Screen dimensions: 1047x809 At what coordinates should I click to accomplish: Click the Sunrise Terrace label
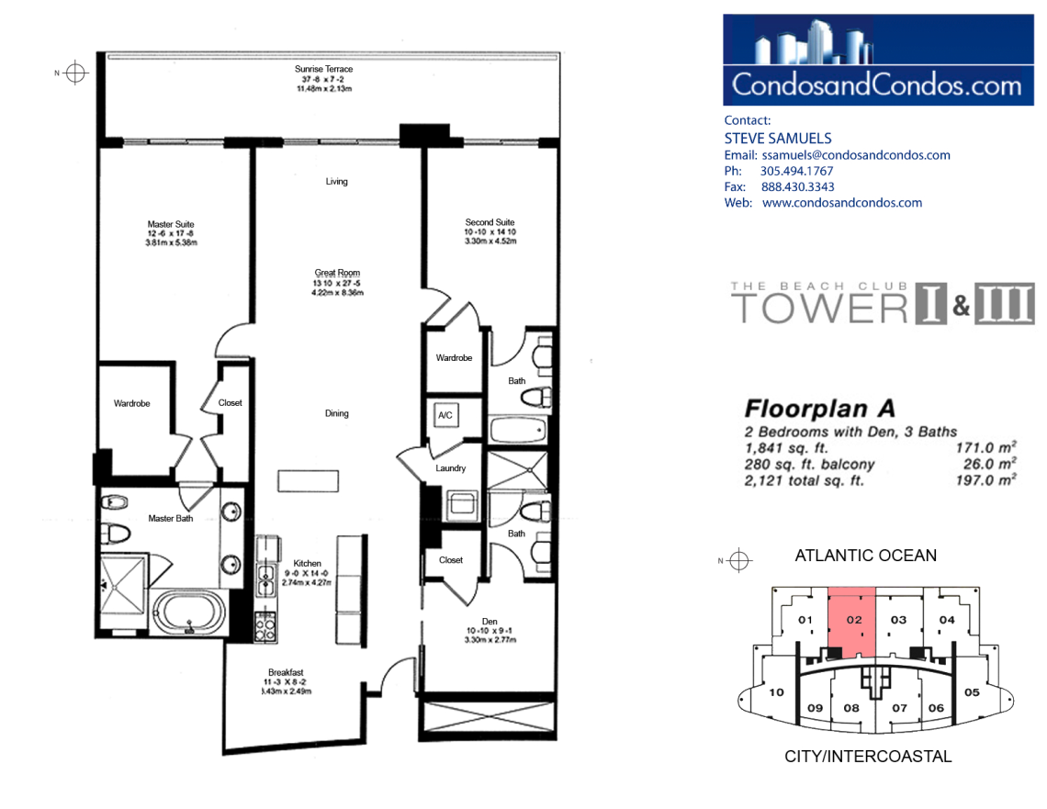tap(324, 69)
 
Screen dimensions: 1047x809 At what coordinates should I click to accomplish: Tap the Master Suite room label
tap(171, 224)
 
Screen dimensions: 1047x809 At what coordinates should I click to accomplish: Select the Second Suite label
tap(490, 222)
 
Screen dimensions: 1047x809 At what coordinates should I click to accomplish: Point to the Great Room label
tap(337, 273)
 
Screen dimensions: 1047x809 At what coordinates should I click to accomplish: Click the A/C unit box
tap(445, 415)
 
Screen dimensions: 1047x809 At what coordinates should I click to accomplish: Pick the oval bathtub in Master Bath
tap(189, 612)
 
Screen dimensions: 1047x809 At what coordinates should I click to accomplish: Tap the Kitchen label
tap(307, 564)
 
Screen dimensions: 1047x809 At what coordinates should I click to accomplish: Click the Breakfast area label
tap(286, 672)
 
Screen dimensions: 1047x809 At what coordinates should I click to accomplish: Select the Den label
tap(490, 622)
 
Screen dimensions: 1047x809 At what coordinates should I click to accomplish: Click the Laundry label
tap(451, 468)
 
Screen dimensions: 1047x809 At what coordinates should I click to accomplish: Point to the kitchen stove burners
tap(265, 627)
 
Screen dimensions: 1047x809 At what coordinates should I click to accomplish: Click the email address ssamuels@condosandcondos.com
tap(856, 155)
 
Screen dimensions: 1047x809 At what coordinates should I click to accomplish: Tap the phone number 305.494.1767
tap(796, 171)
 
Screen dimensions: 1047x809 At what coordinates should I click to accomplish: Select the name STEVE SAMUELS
tap(778, 138)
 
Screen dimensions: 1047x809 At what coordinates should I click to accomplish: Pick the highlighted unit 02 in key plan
tap(852, 621)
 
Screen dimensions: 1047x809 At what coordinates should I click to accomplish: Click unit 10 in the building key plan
tap(776, 692)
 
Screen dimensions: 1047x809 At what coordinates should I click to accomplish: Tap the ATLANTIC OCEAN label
tap(865, 556)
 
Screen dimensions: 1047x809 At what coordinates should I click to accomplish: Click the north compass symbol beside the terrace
tap(75, 73)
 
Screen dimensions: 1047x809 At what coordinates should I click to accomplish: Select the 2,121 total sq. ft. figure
tap(804, 480)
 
